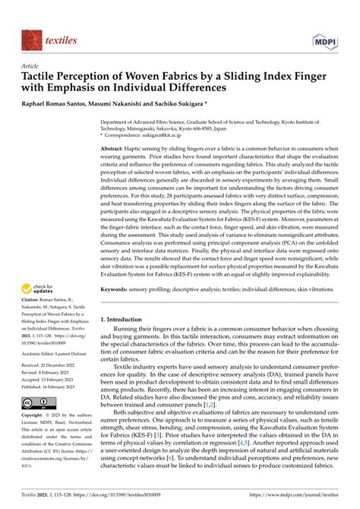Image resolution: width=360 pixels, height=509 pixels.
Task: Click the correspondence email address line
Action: click(x=152, y=134)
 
